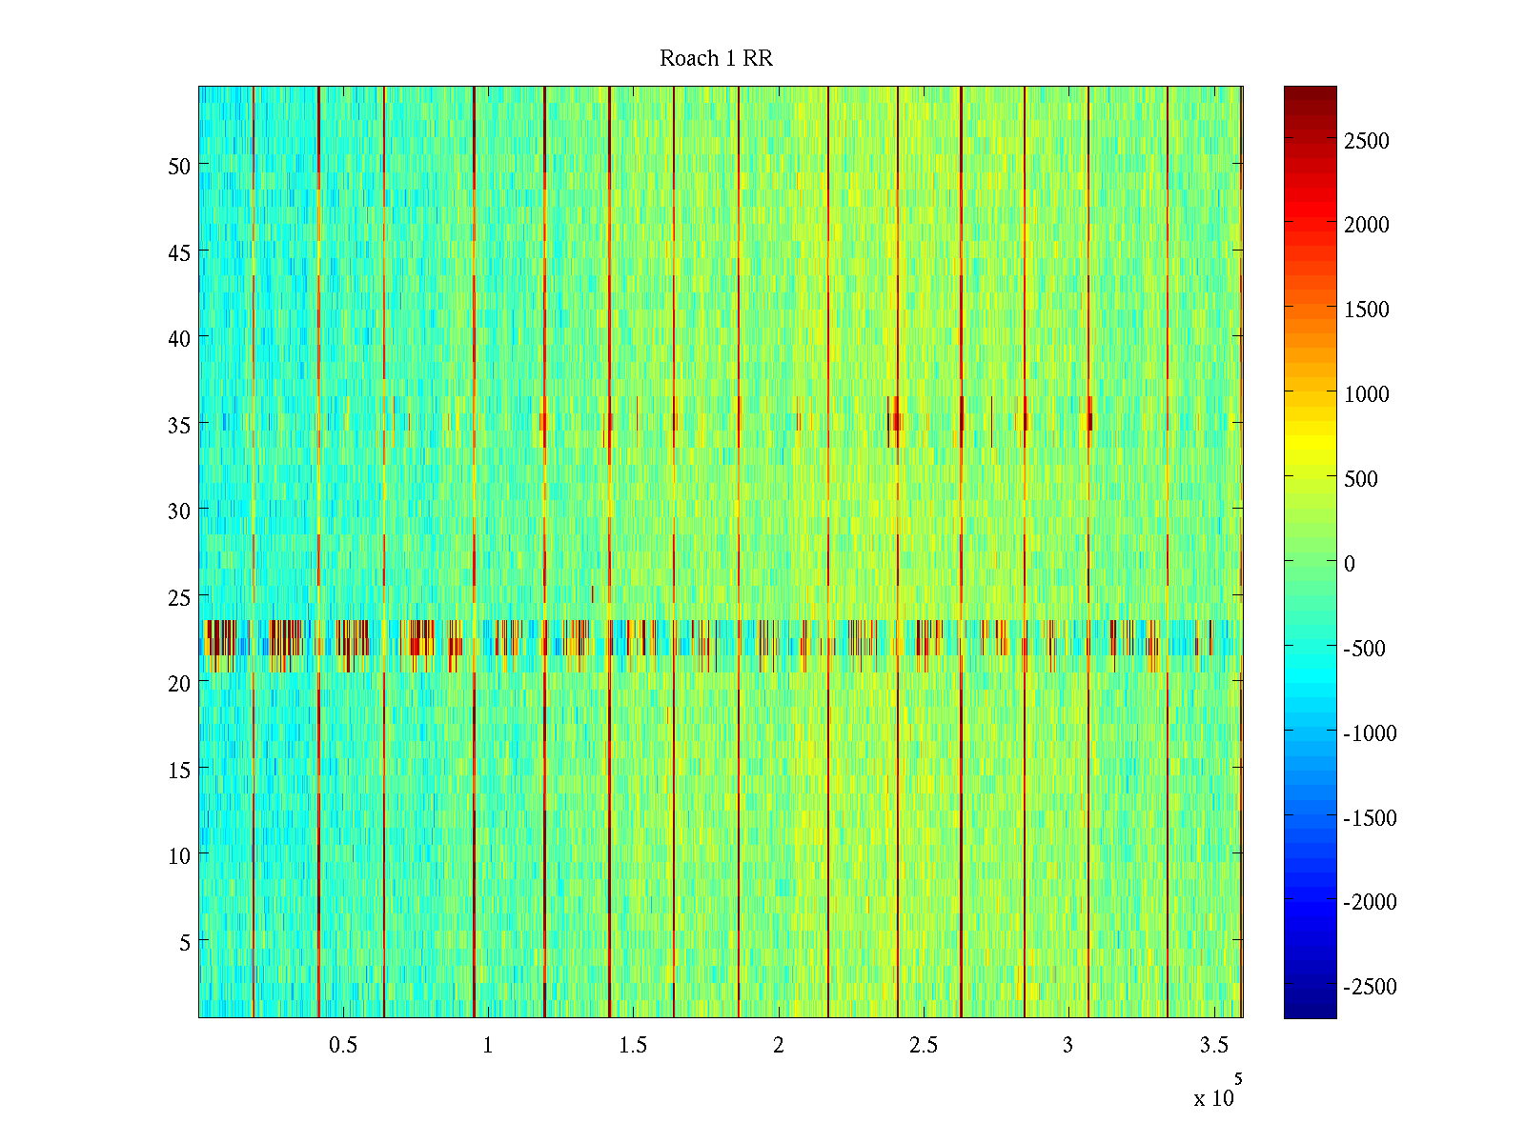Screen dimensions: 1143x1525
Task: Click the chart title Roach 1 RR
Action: pos(716,59)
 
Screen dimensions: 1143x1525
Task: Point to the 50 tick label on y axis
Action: pos(179,166)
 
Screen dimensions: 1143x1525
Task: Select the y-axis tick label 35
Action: pos(179,425)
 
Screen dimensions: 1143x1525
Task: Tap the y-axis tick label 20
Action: pos(179,683)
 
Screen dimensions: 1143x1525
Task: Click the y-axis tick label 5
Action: pos(185,942)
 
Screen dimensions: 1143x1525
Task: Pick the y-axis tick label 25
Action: pos(179,597)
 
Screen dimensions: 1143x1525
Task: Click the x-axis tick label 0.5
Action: pos(343,1046)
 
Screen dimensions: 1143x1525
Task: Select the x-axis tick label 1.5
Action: pos(633,1046)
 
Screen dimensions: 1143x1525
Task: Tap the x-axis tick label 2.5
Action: pos(924,1046)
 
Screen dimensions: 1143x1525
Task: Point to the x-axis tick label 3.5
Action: pos(1213,1046)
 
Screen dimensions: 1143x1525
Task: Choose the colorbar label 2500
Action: pos(1367,141)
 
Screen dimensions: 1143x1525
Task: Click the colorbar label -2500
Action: pos(1370,987)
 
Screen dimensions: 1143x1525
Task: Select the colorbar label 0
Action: pos(1350,564)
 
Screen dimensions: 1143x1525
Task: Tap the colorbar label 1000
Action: pos(1367,394)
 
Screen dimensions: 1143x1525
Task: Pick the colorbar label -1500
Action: pos(1370,818)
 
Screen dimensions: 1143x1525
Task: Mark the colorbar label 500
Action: pos(1361,479)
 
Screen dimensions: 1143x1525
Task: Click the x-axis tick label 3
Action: pos(1067,1046)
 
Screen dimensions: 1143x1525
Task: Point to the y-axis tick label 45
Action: pos(179,252)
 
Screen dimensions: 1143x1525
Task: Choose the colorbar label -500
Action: pos(1364,649)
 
